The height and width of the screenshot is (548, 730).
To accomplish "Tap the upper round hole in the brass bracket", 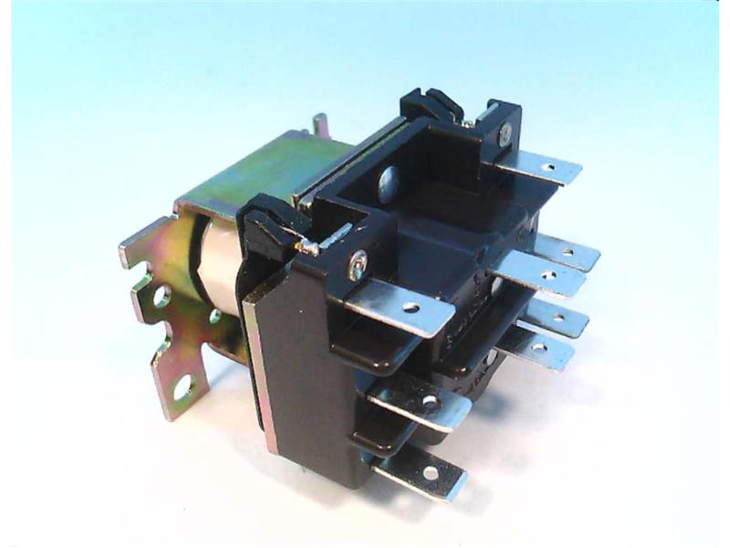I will pyautogui.click(x=162, y=296).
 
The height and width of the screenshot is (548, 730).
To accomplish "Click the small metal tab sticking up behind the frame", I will pyautogui.click(x=320, y=125).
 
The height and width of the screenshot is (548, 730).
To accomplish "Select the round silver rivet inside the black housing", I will pyautogui.click(x=387, y=178).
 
